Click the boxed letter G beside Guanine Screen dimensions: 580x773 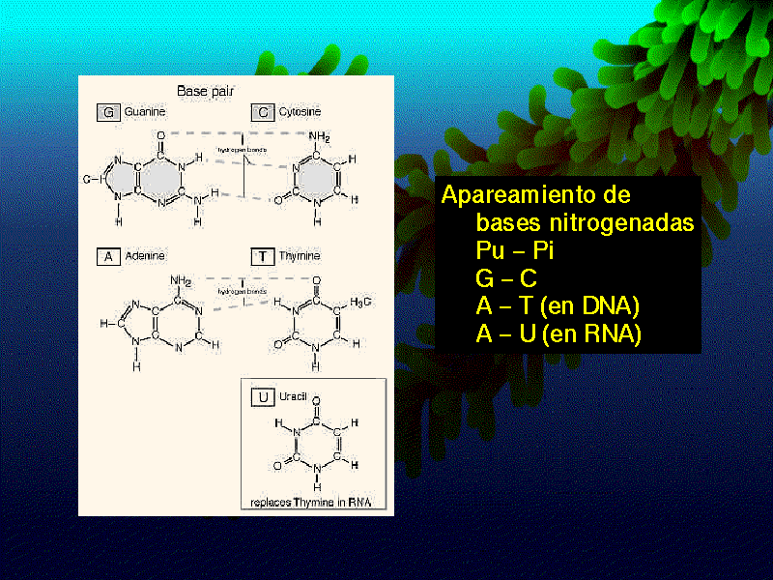point(108,112)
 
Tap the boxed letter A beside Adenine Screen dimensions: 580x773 point(108,256)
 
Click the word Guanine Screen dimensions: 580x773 point(145,112)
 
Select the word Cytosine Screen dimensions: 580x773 point(300,112)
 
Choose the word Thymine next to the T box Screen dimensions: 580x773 point(300,256)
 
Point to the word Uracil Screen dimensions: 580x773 point(293,397)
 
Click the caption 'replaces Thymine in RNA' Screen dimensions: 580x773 point(311,502)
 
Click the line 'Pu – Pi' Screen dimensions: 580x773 point(515,251)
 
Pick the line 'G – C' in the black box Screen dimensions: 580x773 point(506,279)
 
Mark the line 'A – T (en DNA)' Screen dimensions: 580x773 point(558,307)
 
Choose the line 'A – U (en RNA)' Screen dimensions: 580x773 point(558,334)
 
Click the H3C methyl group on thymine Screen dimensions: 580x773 point(360,304)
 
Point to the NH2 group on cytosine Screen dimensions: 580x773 point(319,138)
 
